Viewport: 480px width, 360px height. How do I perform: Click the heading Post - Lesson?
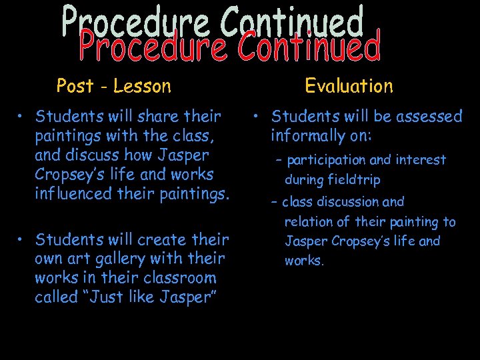coord(114,86)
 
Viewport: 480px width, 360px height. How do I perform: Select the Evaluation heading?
coord(349,86)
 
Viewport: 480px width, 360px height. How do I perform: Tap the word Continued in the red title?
coord(309,47)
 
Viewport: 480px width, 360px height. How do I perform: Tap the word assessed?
coord(429,117)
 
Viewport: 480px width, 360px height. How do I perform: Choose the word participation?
coord(326,160)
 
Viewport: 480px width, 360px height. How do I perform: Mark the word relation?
coord(309,222)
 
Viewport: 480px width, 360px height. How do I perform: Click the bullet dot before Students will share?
coord(22,117)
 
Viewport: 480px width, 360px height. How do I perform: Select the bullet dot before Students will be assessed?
coord(257,117)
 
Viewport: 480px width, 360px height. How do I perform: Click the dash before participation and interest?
coord(279,161)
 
